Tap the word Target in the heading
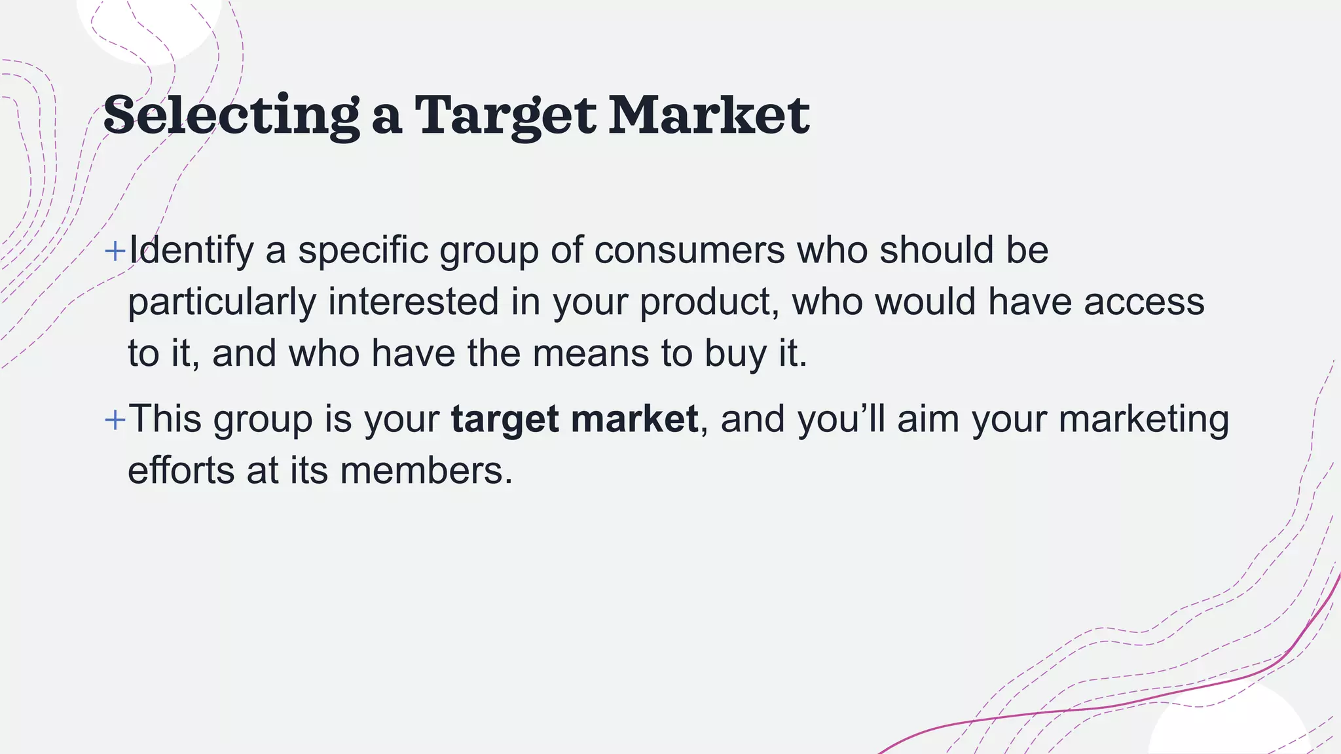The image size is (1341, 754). pos(504,115)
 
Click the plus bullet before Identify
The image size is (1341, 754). pos(115,251)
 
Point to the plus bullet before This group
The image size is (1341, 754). pos(115,420)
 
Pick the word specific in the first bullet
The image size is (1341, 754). pos(363,251)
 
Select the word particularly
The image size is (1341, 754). pos(222,302)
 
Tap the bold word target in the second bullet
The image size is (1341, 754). pos(505,420)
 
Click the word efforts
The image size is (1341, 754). pos(181,471)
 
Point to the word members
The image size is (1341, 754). pos(426,471)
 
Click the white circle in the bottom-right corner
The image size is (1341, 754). pos(1228,727)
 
